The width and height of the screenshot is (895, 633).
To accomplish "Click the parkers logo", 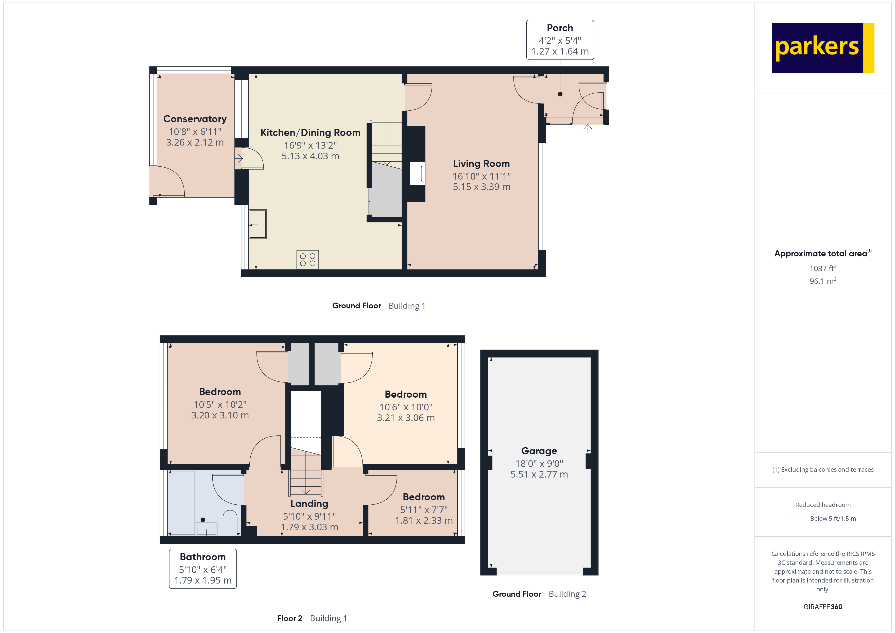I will [822, 48].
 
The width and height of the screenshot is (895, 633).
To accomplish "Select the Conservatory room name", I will [195, 119].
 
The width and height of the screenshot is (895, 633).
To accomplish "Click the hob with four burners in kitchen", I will [307, 260].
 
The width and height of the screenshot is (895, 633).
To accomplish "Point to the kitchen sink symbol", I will [258, 224].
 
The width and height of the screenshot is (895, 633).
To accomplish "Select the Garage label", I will [539, 451].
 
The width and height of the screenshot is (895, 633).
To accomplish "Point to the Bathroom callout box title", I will [203, 557].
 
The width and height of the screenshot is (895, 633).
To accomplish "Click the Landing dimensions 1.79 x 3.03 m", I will [309, 527].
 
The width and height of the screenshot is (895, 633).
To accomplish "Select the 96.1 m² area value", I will [822, 281].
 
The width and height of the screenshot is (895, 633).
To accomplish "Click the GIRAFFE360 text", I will [822, 607].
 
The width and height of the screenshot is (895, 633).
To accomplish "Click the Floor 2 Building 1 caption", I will [312, 618].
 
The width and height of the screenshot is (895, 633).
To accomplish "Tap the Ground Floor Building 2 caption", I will [539, 594].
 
